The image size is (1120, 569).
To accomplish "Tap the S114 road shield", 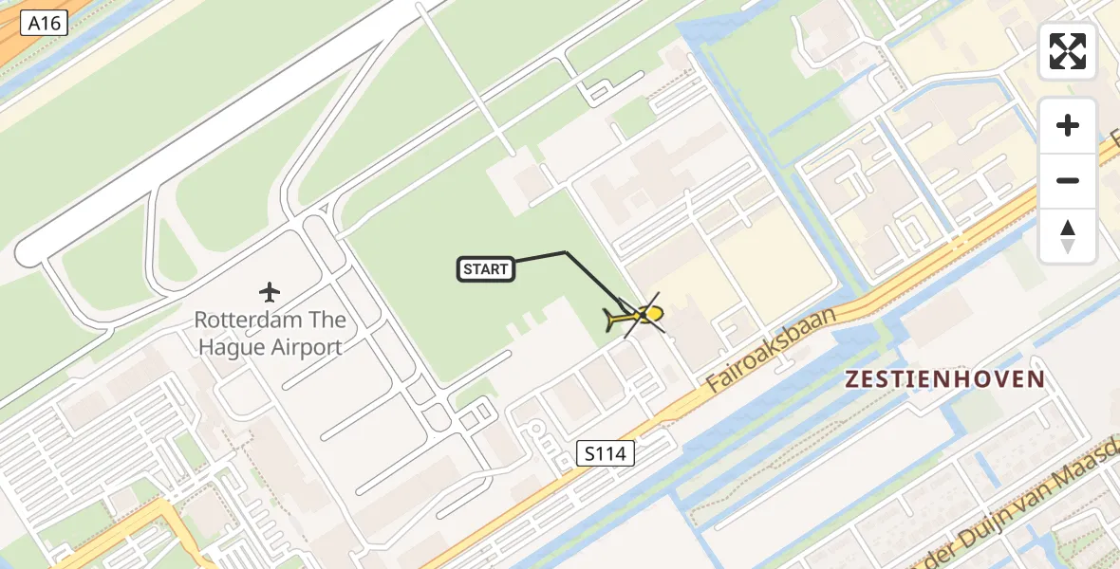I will pos(606,454).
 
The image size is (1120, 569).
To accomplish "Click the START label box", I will pos(486,270).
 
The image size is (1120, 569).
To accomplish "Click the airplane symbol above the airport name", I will pos(271,291).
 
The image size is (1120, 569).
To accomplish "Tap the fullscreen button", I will pos(1068,51).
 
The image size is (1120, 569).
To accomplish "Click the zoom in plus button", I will pos(1068,126).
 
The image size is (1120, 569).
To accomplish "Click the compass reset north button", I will pos(1068,235).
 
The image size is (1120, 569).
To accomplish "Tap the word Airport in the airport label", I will pos(307,347).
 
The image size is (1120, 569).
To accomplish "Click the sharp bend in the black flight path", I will pos(566,252).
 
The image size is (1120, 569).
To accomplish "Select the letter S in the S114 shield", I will pos(590,454).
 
